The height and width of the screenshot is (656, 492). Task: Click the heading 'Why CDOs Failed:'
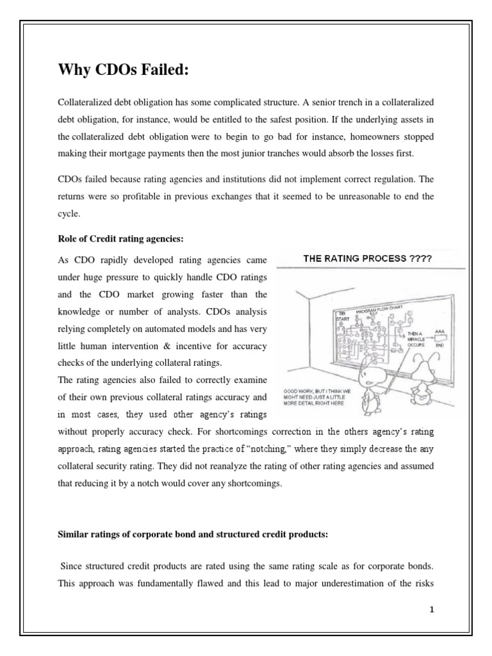coord(124,70)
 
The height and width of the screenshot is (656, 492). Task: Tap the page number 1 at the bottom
coord(432,609)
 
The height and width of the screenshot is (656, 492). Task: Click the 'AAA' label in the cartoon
coord(439,332)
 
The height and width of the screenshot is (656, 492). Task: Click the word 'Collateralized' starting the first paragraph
coord(84,102)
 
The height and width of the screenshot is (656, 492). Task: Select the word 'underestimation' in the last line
coord(358,583)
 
